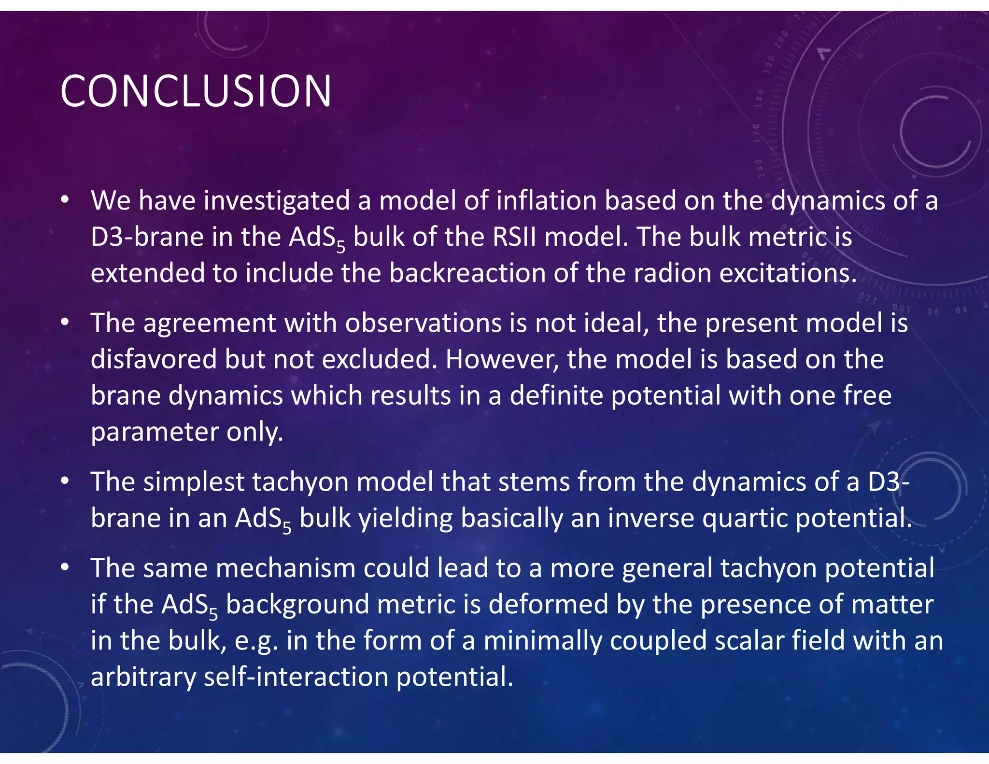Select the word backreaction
(467, 273)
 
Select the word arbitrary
(143, 677)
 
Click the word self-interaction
(296, 677)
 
